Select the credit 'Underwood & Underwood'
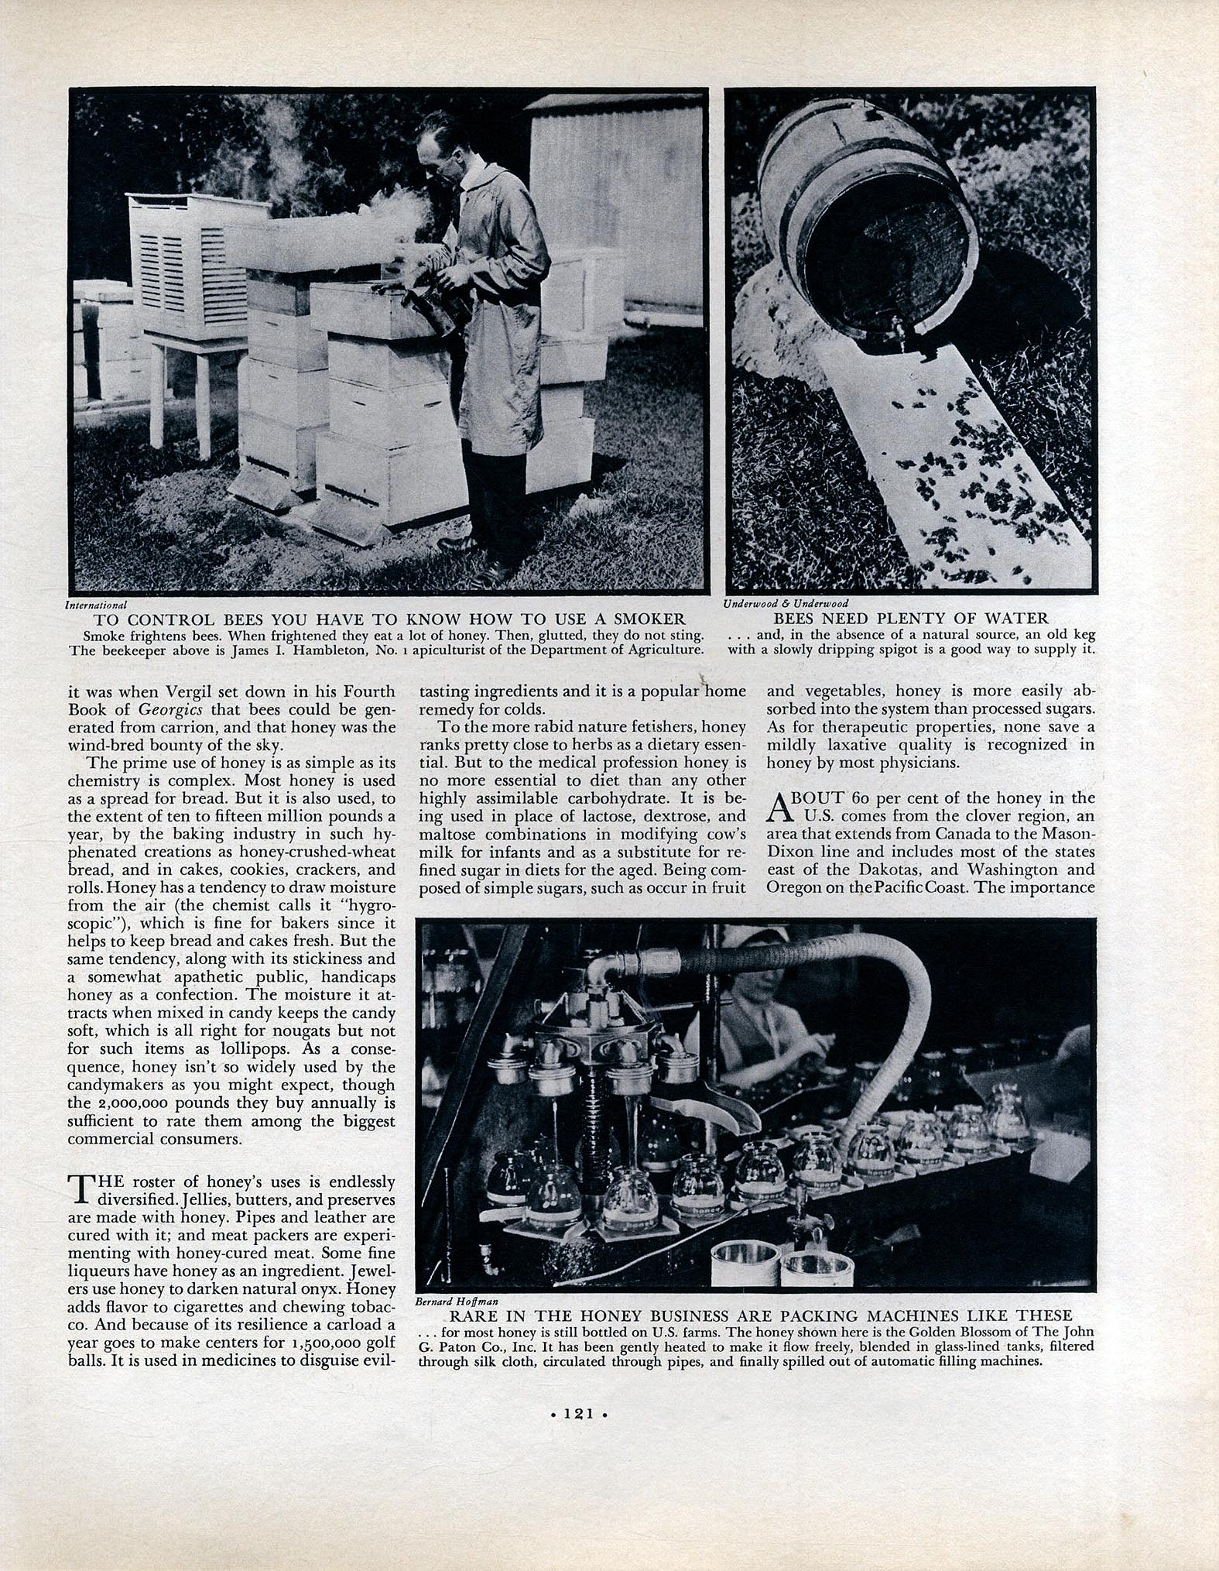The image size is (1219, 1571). point(786,603)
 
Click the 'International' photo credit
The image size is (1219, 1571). point(97,603)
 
